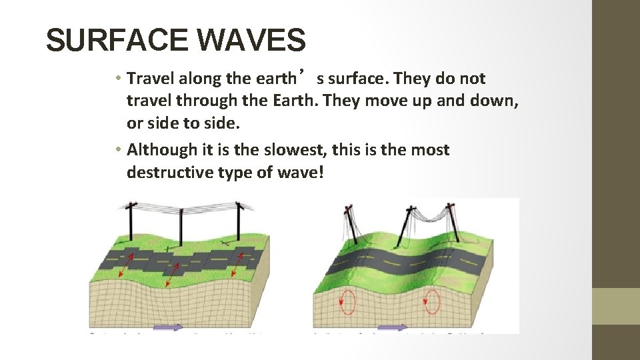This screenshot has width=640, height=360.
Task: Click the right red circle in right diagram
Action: coord(433,301)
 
